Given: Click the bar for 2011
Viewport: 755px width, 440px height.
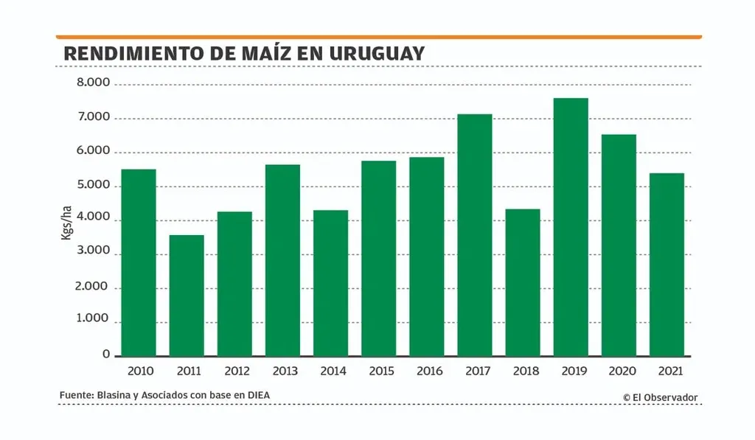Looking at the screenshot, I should [187, 296].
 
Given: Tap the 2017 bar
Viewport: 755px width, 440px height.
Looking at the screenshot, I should [475, 235].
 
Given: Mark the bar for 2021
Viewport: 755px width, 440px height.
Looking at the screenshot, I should [667, 265].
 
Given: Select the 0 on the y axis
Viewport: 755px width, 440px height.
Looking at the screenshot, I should [106, 355].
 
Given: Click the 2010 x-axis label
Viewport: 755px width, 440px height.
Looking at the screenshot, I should [139, 371].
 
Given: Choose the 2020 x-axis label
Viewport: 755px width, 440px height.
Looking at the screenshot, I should [619, 371].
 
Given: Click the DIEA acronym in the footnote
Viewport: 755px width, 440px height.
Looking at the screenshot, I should [257, 396].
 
